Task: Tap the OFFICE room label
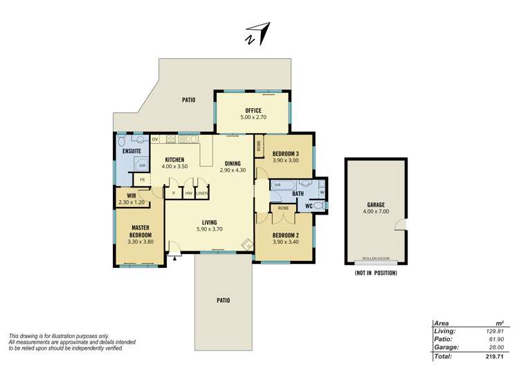253,110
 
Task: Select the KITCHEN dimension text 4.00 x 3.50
174,167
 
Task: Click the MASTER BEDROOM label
139,231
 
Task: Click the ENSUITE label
132,151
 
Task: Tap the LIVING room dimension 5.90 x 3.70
208,229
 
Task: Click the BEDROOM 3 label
286,153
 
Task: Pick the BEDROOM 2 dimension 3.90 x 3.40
285,242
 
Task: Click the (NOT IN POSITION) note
375,274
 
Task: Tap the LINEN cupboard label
201,194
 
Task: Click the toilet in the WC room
318,206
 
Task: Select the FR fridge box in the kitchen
143,180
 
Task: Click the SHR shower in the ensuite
142,165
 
